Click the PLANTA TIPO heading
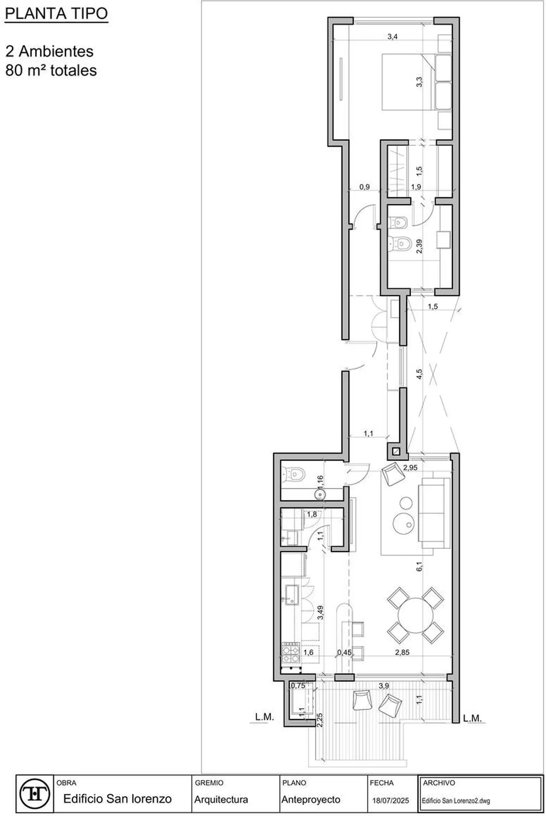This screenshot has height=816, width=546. click(x=56, y=14)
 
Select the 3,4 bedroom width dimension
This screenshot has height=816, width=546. click(x=392, y=37)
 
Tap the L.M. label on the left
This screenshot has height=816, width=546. click(x=265, y=717)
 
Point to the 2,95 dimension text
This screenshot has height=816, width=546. click(x=410, y=467)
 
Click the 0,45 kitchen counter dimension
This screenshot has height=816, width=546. click(x=344, y=653)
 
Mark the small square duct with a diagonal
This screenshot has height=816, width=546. click(x=396, y=452)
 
